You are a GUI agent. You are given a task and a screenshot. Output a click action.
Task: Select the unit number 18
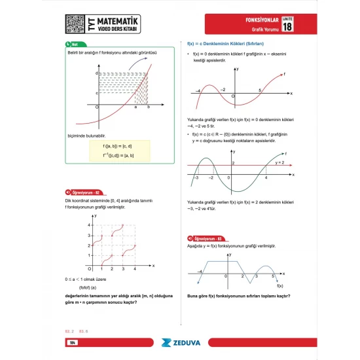point(287,24)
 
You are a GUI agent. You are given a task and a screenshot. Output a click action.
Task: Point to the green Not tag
point(73,45)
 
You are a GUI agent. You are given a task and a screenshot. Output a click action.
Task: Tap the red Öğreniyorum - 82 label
point(84,192)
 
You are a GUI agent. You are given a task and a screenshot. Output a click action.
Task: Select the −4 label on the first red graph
point(198,90)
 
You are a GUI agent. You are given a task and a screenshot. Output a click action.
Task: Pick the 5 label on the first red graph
point(261,90)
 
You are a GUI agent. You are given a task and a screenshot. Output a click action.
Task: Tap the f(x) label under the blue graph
point(279,286)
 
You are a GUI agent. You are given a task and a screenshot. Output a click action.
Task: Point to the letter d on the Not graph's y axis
point(97,73)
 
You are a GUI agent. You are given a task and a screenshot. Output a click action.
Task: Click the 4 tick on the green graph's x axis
point(266,177)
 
